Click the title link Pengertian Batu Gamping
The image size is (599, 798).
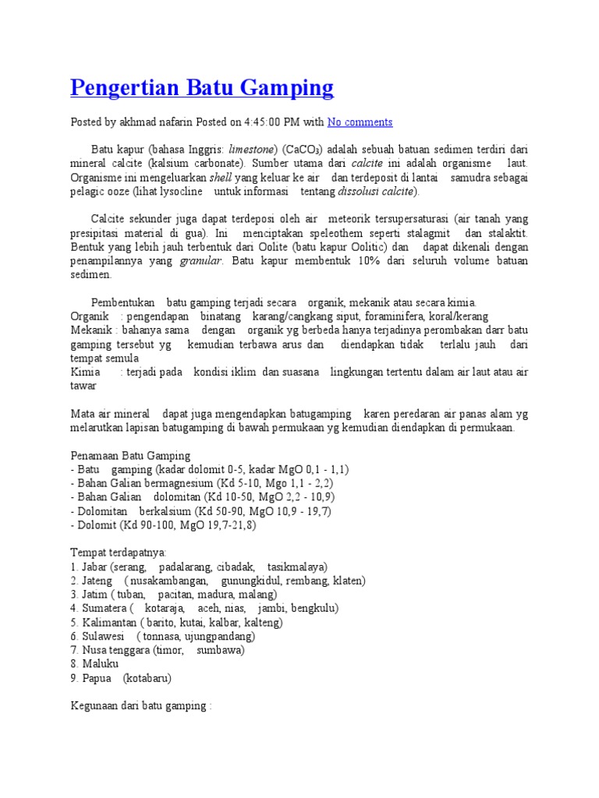(x=202, y=87)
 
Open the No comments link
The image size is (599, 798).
(x=360, y=122)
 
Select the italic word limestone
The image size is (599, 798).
(x=250, y=150)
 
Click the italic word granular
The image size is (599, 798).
(x=201, y=261)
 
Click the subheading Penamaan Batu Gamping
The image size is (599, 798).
(x=130, y=455)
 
